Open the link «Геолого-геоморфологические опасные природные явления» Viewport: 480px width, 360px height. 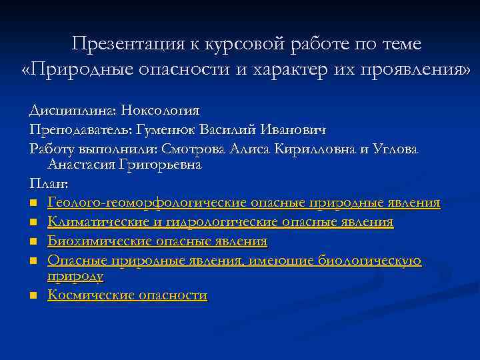(243, 202)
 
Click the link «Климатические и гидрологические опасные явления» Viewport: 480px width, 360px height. (220, 221)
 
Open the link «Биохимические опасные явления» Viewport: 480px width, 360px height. (157, 241)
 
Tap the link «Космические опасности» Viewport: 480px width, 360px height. (127, 295)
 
